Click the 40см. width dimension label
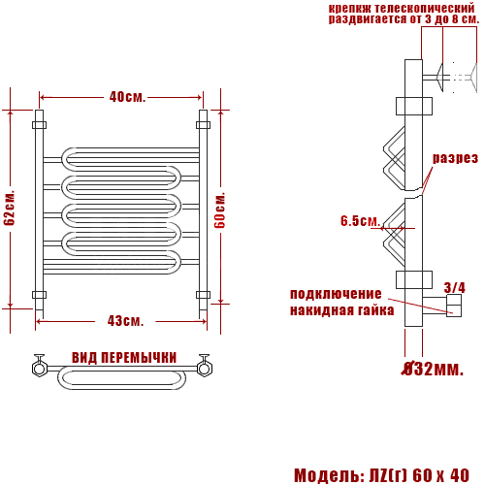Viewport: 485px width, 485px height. (x=127, y=97)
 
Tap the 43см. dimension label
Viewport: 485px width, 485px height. (x=125, y=321)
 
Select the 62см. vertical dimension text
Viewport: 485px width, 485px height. (x=10, y=208)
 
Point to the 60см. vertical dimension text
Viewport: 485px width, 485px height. (x=220, y=210)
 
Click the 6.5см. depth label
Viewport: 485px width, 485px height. (x=360, y=221)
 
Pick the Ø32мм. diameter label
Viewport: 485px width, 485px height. (x=433, y=369)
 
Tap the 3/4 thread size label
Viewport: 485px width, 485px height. (x=455, y=287)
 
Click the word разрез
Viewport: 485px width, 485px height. (x=455, y=158)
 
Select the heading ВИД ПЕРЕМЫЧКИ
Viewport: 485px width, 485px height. (x=124, y=358)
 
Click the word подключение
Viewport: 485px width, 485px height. (x=336, y=294)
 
